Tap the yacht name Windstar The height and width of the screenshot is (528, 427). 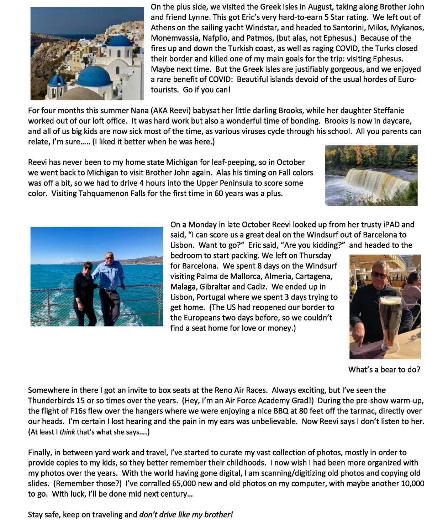(265, 27)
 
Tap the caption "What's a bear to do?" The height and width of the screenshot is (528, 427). (384, 369)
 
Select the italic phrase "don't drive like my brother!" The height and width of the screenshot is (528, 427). (186, 514)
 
